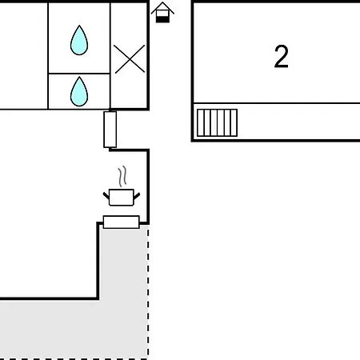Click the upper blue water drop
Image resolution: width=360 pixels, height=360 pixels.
79,41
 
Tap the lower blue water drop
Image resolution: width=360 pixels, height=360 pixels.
79,92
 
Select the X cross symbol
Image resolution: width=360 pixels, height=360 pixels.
130,59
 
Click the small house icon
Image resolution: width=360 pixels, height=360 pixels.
162,13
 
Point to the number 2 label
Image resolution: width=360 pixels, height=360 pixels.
282,57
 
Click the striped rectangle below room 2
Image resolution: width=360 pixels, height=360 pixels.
217,122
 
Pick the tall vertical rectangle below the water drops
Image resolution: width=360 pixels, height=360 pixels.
110,130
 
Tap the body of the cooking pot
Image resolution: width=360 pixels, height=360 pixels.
122,198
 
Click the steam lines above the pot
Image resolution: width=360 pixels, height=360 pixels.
122,176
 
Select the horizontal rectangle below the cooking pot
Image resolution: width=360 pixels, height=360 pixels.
122,222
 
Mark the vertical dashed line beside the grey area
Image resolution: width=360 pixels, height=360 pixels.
148,292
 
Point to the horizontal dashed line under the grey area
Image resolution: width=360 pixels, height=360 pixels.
74,359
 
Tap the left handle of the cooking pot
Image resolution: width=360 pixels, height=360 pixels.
106,196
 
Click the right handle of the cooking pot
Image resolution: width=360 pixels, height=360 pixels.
137,196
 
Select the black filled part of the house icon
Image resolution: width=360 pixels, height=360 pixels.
162,19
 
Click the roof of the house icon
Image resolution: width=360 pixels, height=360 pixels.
162,6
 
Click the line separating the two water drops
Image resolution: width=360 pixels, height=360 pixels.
79,73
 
